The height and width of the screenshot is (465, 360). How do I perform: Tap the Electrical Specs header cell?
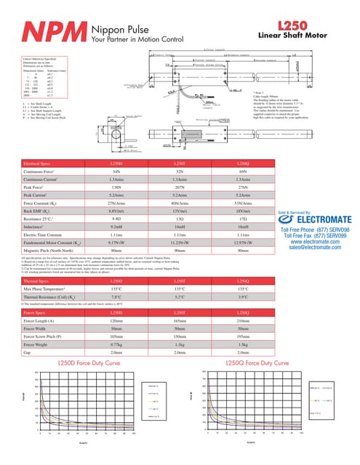point(39,163)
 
